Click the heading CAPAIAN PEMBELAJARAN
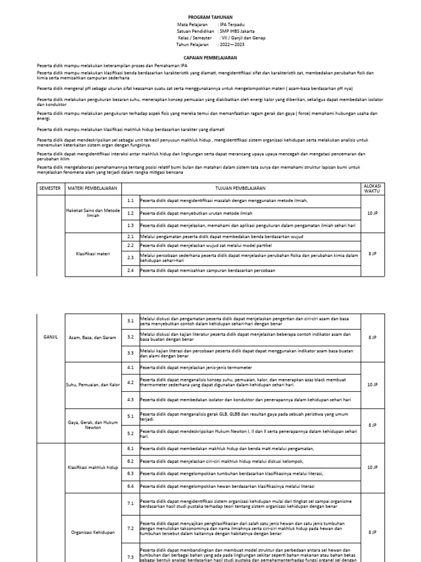pos(210,57)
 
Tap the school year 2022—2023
pos(231,44)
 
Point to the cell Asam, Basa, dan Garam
pos(92,338)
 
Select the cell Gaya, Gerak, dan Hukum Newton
pos(92,424)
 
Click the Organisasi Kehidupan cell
pos(92,532)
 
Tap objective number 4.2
pos(130,382)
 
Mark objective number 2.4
pos(130,270)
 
